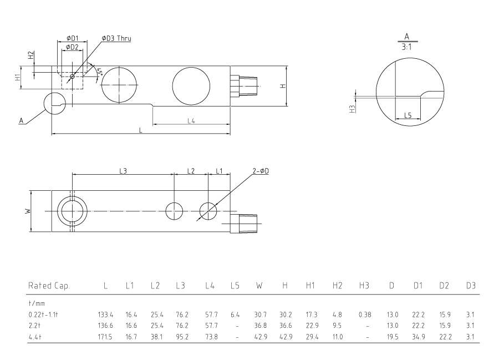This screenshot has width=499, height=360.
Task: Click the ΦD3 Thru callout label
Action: pos(116,38)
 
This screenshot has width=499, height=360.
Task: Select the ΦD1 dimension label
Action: pos(72,38)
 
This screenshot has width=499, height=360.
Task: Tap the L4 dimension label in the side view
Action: pos(191,120)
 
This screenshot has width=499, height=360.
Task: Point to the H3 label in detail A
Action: pos(352,109)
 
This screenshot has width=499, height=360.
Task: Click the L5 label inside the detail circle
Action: pos(408,115)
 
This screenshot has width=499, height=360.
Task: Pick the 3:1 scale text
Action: pos(406,47)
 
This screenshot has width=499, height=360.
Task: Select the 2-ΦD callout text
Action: pos(261,171)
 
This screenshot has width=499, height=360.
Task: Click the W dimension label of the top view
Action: pos(28,211)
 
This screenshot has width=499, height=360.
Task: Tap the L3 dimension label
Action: pos(123,171)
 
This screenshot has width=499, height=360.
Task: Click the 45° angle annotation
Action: pos(100,72)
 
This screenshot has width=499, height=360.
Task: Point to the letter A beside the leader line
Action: pos(21,120)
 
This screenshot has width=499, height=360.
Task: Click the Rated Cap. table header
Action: pos(49,286)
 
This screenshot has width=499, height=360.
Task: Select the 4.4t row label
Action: pos(35,337)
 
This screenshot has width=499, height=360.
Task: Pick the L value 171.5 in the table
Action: pos(105,337)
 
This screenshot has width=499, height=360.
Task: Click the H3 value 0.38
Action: pos(365,315)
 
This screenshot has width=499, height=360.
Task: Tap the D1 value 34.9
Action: pos(418,337)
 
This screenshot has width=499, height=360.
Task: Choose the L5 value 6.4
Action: pos(235,315)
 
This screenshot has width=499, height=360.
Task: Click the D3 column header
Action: pos(471,286)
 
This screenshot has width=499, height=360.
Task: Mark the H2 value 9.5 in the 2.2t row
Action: pos(337,326)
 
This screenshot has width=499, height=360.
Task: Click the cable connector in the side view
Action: pos(244,86)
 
